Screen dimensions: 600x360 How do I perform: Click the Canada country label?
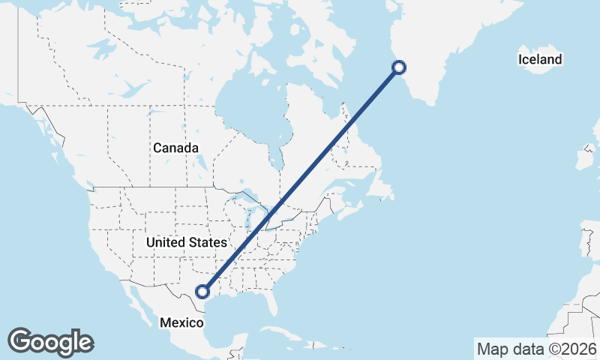coord(176,148)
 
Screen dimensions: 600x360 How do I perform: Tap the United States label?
coord(186,242)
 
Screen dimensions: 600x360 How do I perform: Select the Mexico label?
coord(181,322)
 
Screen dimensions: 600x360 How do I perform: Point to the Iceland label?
coord(539,59)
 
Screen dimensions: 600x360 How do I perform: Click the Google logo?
coord(50,341)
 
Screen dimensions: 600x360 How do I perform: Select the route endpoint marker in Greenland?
coord(399,67)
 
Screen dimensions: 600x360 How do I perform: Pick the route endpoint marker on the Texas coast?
coord(202,291)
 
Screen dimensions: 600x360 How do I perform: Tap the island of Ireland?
coord(583,159)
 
